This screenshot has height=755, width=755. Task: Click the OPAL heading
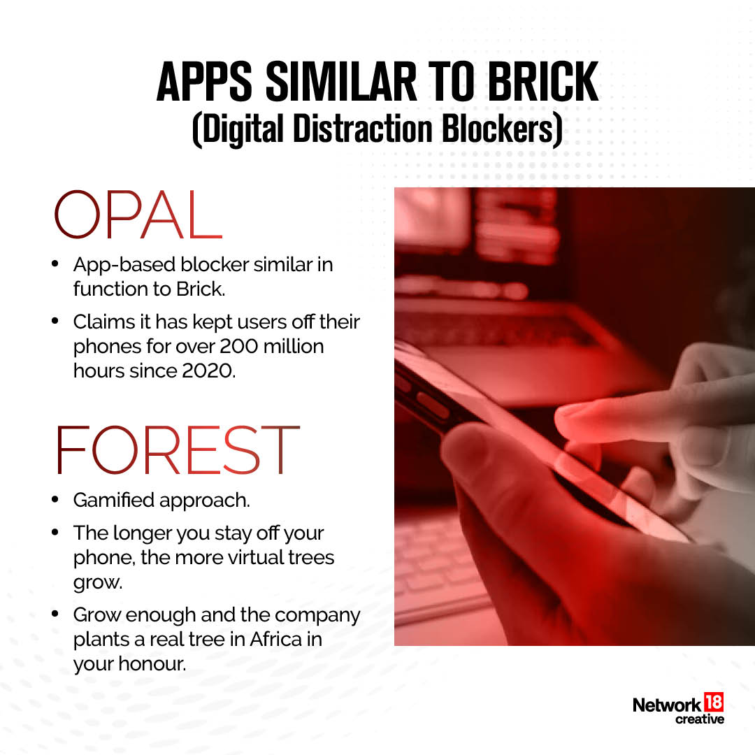(x=138, y=213)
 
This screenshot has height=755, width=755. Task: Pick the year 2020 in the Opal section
(x=209, y=371)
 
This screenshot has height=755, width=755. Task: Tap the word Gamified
(x=115, y=501)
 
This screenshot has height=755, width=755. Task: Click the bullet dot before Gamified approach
(x=55, y=501)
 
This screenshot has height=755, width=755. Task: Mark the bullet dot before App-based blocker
(x=55, y=264)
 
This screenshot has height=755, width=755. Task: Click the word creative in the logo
(x=700, y=719)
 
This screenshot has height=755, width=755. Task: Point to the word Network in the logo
(x=666, y=705)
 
